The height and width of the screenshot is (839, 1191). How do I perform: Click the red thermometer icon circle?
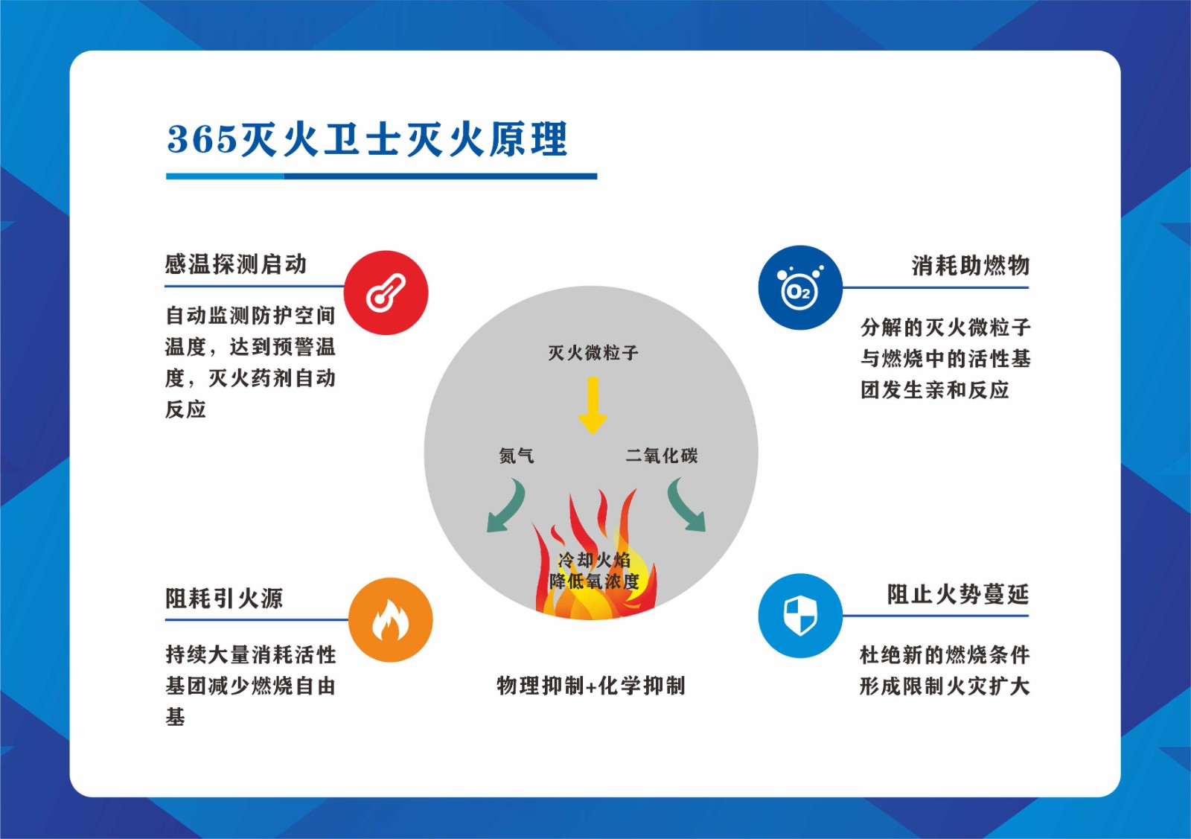(386, 293)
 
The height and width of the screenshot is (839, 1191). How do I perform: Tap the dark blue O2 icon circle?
(800, 288)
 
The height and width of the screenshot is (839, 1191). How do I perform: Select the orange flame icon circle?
(391, 620)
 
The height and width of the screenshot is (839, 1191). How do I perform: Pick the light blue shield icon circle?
(800, 616)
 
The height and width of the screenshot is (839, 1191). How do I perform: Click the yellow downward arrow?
(593, 406)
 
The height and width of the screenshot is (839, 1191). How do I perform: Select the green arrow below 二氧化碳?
(686, 505)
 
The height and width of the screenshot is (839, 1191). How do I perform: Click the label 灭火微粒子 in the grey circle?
(593, 353)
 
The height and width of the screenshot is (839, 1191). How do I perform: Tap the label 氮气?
(517, 456)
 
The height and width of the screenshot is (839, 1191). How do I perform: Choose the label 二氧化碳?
(662, 456)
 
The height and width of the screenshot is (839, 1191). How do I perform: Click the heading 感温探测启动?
(236, 264)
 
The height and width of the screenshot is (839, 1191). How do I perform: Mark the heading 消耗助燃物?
(971, 266)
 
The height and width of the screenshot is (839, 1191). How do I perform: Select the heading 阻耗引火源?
(224, 599)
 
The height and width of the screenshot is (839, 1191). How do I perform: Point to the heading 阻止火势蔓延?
(958, 595)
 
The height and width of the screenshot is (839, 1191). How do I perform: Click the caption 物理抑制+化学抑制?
(591, 686)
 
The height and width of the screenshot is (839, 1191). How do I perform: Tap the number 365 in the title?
(202, 139)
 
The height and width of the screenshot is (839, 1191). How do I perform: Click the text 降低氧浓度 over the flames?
(594, 581)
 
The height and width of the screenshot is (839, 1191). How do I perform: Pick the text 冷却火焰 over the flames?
(594, 560)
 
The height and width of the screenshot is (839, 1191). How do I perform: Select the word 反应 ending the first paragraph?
(186, 409)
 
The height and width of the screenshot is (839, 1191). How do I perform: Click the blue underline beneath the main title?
(381, 176)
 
